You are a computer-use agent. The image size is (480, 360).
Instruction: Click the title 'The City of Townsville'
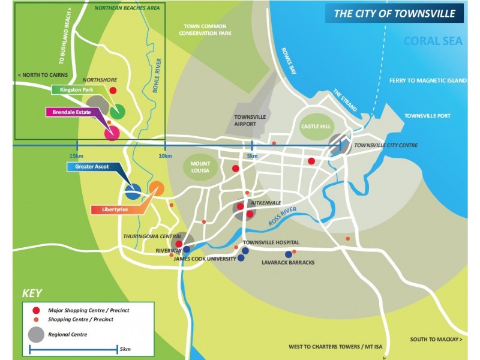[394, 13]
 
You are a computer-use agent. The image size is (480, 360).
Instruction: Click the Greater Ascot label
[92, 167]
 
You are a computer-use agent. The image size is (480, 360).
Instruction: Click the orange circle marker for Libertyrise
[156, 188]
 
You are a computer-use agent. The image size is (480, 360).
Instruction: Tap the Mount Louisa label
[200, 167]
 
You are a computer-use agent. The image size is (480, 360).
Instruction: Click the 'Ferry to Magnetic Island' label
[427, 80]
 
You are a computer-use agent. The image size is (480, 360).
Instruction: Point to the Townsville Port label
[427, 115]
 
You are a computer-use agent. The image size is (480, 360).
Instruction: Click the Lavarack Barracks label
[288, 262]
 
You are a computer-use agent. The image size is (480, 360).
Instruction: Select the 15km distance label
[76, 156]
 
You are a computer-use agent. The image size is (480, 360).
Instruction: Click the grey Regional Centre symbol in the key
[37, 334]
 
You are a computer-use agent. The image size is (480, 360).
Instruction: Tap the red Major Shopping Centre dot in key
[37, 310]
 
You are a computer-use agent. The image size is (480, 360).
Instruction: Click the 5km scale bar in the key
[73, 349]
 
